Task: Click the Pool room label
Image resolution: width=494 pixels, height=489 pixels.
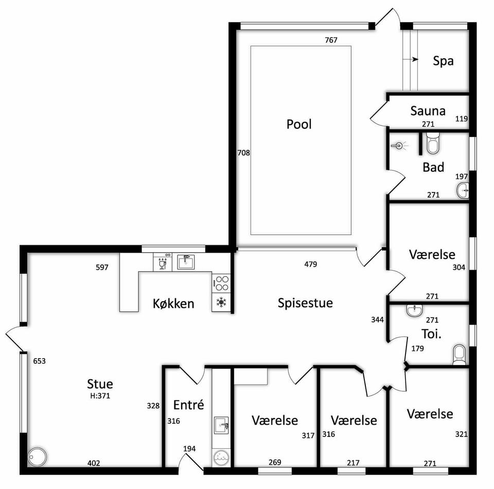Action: pyautogui.click(x=299, y=124)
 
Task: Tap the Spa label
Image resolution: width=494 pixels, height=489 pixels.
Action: pyautogui.click(x=443, y=61)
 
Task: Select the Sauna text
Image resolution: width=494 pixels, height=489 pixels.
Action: pyautogui.click(x=428, y=111)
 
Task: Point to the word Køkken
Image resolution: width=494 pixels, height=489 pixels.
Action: pyautogui.click(x=173, y=303)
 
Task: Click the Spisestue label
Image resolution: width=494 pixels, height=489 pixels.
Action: pyautogui.click(x=305, y=303)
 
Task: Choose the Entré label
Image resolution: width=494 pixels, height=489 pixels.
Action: pyautogui.click(x=188, y=405)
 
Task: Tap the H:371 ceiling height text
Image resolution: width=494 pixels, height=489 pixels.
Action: pyautogui.click(x=100, y=396)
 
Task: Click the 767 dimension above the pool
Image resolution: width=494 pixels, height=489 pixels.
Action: pyautogui.click(x=331, y=40)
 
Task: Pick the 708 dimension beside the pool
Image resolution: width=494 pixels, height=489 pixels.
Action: pyautogui.click(x=243, y=153)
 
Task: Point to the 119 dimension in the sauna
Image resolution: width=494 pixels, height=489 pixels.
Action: pyautogui.click(x=461, y=119)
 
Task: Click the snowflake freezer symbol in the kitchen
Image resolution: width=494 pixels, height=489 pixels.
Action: pyautogui.click(x=221, y=303)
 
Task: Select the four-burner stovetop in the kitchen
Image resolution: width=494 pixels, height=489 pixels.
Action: pyautogui.click(x=221, y=283)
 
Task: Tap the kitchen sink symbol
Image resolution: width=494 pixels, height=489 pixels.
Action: pyautogui.click(x=186, y=262)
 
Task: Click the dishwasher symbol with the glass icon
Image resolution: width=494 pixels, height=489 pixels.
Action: pyautogui.click(x=163, y=262)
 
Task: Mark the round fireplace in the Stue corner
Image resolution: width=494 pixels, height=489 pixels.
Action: pyautogui.click(x=37, y=457)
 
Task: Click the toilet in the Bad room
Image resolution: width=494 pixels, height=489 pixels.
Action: pyautogui.click(x=433, y=144)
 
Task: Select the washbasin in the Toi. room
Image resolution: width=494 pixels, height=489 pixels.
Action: pyautogui.click(x=414, y=311)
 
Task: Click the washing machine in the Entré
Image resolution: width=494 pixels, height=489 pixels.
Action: pyautogui.click(x=221, y=458)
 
